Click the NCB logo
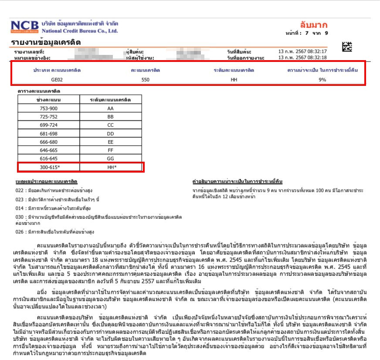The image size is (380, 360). point(25,27)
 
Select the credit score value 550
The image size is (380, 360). point(146,79)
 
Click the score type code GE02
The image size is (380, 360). point(58,79)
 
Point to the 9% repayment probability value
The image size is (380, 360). point(322,79)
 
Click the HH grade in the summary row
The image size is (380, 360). point(234,79)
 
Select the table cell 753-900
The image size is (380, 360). point(48,108)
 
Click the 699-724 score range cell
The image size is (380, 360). point(48,124)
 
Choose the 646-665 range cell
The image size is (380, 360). point(48,149)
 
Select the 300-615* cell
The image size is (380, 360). point(49,166)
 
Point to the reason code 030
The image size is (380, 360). point(19,217)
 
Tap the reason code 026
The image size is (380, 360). point(19,231)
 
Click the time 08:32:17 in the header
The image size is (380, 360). point(317,52)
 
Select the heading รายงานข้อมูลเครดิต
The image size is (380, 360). point(46,42)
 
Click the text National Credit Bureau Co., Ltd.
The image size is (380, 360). point(80,31)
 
